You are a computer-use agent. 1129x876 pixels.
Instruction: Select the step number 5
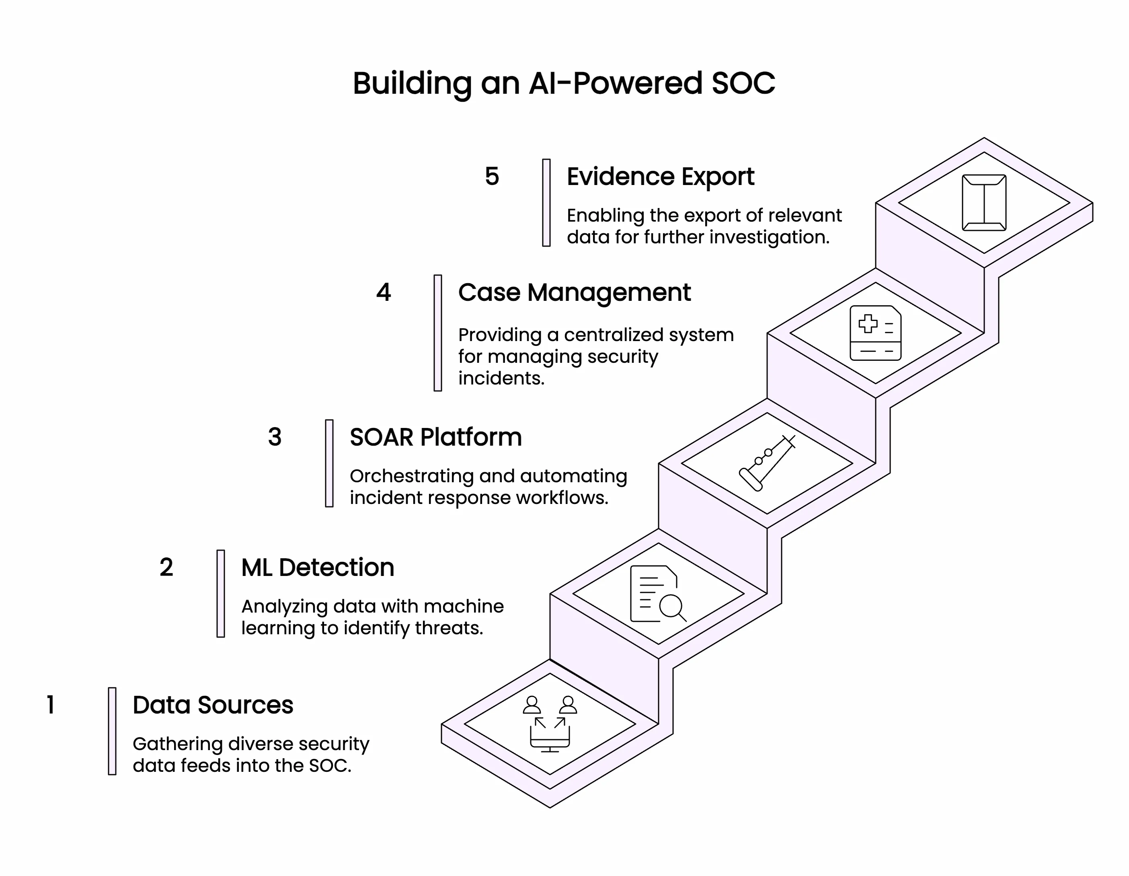coord(492,176)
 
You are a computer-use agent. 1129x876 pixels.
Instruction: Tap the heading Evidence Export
coord(660,177)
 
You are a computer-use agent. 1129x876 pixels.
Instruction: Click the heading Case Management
coord(574,293)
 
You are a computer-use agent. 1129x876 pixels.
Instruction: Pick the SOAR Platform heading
coord(435,438)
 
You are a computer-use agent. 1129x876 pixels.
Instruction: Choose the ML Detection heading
coord(317,568)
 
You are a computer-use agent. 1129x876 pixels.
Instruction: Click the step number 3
coord(275,437)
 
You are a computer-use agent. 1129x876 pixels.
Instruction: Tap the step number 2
coord(166,567)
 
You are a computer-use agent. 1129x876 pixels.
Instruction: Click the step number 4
coord(383,293)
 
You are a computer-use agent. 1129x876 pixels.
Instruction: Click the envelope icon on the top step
coord(984,203)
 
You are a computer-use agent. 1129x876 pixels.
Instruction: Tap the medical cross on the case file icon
coord(868,324)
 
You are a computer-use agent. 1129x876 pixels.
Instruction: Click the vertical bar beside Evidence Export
coord(546,203)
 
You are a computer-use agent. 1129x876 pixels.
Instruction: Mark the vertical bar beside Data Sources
coord(112,731)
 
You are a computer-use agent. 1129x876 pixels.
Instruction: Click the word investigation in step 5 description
coord(769,237)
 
